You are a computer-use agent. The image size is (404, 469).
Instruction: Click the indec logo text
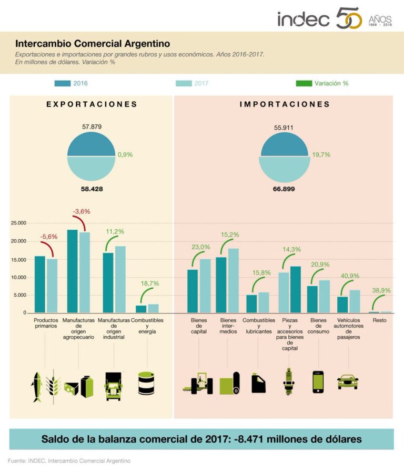click(x=304, y=19)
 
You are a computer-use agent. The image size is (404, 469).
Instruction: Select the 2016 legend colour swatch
click(x=63, y=83)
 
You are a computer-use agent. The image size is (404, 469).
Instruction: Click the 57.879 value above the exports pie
click(x=92, y=128)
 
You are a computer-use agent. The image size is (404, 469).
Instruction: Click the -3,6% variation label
click(x=81, y=211)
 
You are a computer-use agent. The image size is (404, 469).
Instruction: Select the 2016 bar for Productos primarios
click(x=40, y=284)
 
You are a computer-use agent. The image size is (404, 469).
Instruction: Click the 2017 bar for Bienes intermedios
click(x=233, y=280)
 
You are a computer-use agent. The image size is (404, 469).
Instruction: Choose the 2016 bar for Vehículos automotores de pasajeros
click(x=342, y=305)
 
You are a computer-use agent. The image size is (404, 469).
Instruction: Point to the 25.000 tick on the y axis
click(x=18, y=223)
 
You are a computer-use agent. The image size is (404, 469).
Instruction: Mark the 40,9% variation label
click(x=349, y=276)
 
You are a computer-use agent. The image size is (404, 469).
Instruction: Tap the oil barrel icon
click(x=146, y=383)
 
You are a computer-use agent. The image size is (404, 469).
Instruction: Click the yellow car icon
click(x=348, y=382)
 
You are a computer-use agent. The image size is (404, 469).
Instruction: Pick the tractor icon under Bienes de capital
click(x=199, y=384)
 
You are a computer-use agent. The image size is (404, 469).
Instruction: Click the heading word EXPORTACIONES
click(x=92, y=104)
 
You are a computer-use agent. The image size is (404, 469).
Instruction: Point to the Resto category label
click(x=379, y=320)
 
